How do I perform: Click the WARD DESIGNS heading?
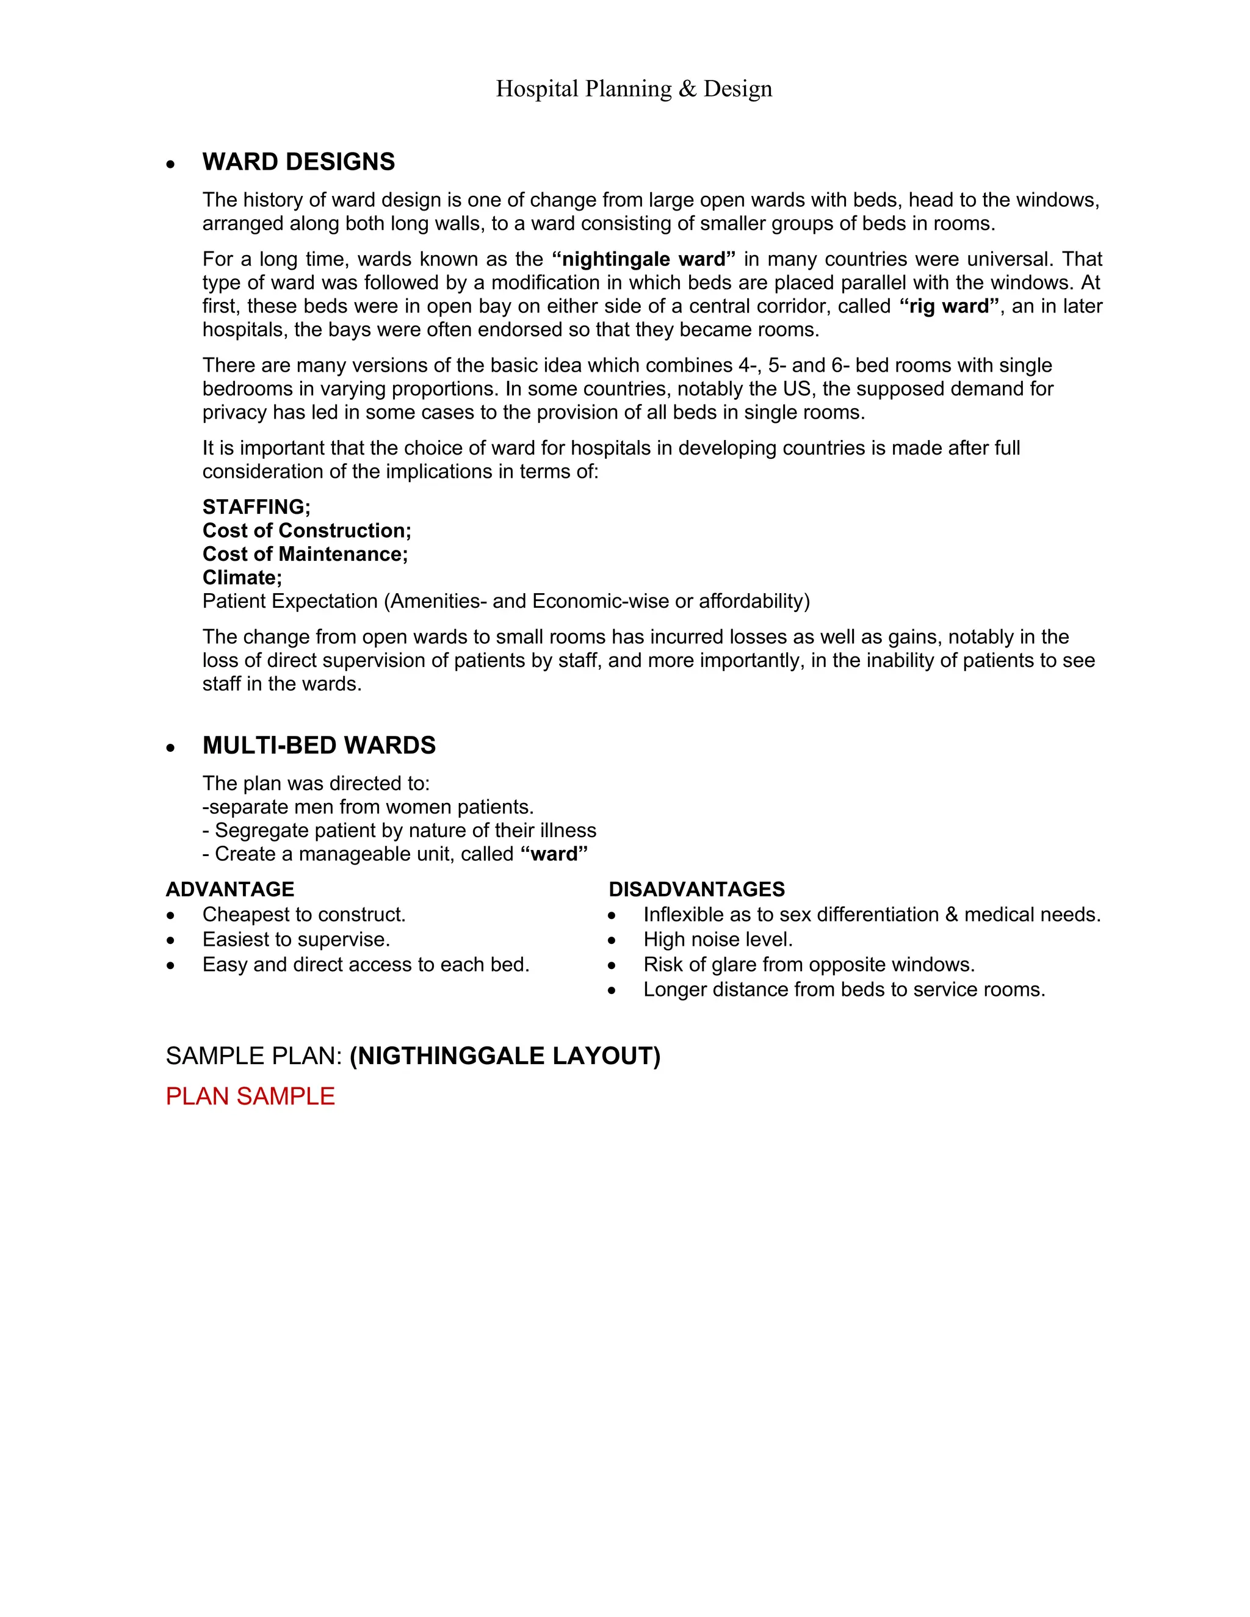coord(298,162)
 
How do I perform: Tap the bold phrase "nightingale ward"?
coord(643,259)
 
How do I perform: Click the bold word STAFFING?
coord(256,507)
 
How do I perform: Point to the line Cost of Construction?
coord(306,531)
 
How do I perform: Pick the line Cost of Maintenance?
coord(305,555)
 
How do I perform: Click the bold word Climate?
coord(242,577)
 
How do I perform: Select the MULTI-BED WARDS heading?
coord(319,746)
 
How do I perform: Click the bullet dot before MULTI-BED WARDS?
coord(171,748)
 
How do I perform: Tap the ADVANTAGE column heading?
coord(229,889)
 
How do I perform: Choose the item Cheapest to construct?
coord(303,915)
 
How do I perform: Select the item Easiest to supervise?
coord(296,940)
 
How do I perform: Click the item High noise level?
coord(718,940)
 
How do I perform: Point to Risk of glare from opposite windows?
coord(809,965)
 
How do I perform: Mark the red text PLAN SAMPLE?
coord(250,1097)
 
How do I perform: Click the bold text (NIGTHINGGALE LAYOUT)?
coord(504,1056)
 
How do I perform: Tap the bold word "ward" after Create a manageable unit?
coord(554,854)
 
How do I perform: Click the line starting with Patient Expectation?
coord(506,601)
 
